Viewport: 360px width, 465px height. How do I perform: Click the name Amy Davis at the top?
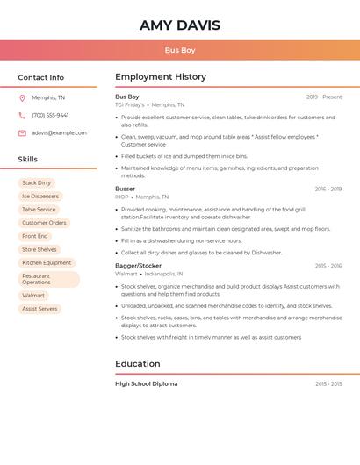pyautogui.click(x=179, y=25)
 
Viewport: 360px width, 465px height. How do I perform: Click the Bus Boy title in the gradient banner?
pyautogui.click(x=179, y=50)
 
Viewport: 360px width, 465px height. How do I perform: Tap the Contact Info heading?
pyautogui.click(x=41, y=77)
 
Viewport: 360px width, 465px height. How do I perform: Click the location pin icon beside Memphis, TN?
pyautogui.click(x=22, y=97)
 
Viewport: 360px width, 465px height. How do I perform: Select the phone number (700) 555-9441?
pyautogui.click(x=50, y=115)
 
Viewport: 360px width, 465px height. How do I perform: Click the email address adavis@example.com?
pyautogui.click(x=59, y=132)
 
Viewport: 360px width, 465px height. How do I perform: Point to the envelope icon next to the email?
pyautogui.click(x=22, y=132)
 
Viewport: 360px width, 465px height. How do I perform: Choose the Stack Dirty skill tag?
pyautogui.click(x=36, y=183)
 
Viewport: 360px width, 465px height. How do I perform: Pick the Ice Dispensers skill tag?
pyautogui.click(x=40, y=197)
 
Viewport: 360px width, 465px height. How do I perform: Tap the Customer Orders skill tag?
pyautogui.click(x=44, y=223)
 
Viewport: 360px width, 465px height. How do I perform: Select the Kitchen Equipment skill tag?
pyautogui.click(x=47, y=262)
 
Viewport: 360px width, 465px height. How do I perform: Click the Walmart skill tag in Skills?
pyautogui.click(x=33, y=296)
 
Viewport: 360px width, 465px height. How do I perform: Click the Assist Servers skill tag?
pyautogui.click(x=40, y=309)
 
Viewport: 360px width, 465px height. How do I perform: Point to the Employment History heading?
pyautogui.click(x=161, y=77)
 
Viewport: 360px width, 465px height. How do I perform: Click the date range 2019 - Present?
pyautogui.click(x=324, y=97)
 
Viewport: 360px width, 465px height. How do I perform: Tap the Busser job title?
pyautogui.click(x=126, y=189)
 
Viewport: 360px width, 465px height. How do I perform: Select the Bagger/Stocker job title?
pyautogui.click(x=139, y=266)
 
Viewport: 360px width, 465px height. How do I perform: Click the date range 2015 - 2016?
pyautogui.click(x=328, y=266)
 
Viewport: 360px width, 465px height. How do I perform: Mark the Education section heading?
pyautogui.click(x=138, y=364)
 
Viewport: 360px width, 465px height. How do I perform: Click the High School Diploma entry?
pyautogui.click(x=147, y=383)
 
